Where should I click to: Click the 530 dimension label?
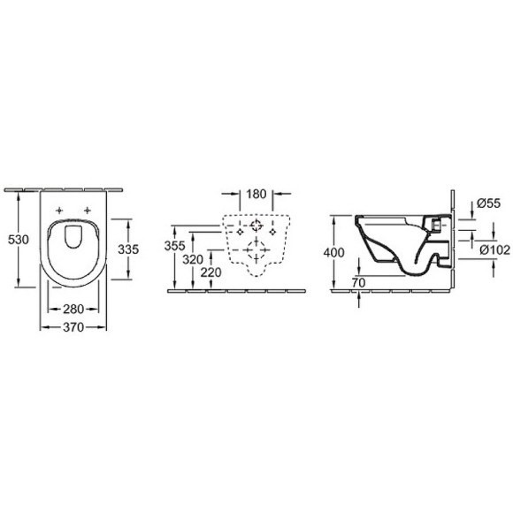point(19,240)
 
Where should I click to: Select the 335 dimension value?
point(128,249)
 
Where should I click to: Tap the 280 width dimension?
point(73,309)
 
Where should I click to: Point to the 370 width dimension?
point(73,327)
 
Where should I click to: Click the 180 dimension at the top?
point(256,194)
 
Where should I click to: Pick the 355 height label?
point(175,246)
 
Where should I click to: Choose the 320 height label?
point(193,260)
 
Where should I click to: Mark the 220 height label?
point(211,272)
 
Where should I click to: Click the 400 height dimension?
point(333,253)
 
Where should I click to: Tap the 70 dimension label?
point(359,283)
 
